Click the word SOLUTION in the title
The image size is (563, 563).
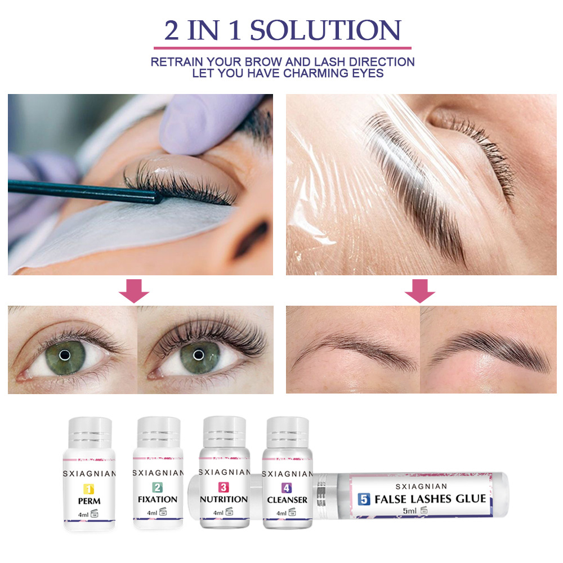[x=325, y=30]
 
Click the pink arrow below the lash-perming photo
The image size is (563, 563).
[x=134, y=291]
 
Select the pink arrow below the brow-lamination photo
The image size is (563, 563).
[x=420, y=291]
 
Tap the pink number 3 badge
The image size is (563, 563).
[x=224, y=488]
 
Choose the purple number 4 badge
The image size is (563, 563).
[x=287, y=488]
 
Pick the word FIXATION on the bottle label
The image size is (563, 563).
[x=158, y=499]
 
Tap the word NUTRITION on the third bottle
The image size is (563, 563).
[x=224, y=499]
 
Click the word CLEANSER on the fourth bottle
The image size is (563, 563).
[x=288, y=499]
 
